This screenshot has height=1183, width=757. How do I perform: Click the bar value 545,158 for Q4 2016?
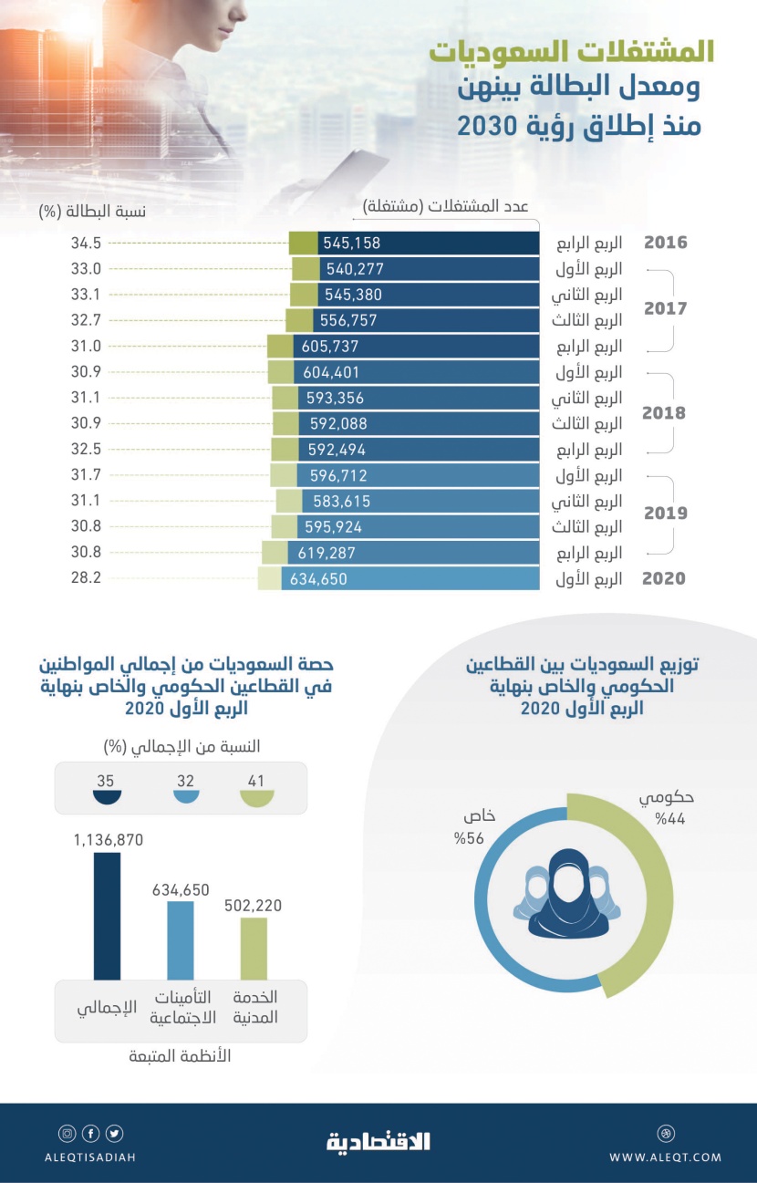click(x=351, y=244)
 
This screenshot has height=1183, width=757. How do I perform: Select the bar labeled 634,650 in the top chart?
click(x=410, y=579)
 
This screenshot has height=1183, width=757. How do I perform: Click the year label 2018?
click(x=665, y=412)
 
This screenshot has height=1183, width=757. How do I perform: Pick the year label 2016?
click(x=665, y=244)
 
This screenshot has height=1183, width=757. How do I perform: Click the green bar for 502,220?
click(x=254, y=949)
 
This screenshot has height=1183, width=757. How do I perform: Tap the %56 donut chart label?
click(x=464, y=828)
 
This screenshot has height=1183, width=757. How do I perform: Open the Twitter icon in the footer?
click(x=114, y=1134)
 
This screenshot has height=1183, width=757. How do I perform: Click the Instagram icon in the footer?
click(x=67, y=1134)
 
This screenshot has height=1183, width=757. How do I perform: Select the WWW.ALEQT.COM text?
click(x=665, y=1157)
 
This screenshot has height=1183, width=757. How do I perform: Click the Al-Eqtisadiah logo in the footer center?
click(x=378, y=1141)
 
